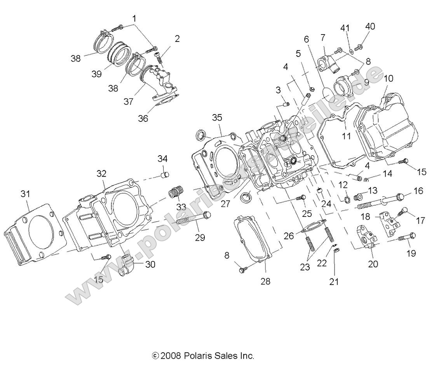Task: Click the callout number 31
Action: (x=25, y=194)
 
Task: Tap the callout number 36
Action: (x=143, y=118)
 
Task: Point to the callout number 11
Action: (x=346, y=136)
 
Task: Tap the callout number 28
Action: (x=265, y=281)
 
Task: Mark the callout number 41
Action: (x=345, y=28)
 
